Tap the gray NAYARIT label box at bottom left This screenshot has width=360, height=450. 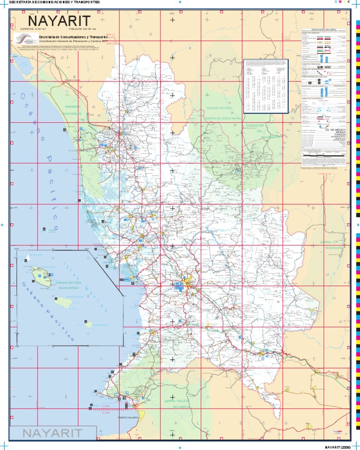[x=52, y=433]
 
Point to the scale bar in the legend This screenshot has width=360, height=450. [x=325, y=153]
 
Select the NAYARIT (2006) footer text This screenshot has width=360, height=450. [x=338, y=446]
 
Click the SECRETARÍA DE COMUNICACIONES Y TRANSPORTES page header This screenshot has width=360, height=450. [x=52, y=2]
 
